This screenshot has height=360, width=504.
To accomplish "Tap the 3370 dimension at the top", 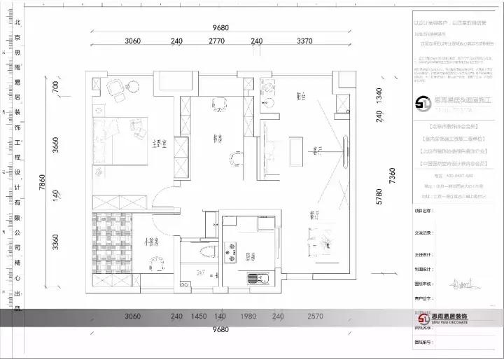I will (304, 41).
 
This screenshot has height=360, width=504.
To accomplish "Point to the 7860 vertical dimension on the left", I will (42, 184).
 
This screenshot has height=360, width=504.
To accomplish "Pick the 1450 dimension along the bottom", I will (199, 317).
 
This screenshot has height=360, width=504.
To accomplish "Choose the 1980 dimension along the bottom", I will (248, 317).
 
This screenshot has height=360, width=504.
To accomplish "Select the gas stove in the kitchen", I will (230, 251).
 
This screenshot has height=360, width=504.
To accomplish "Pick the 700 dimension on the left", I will (56, 86).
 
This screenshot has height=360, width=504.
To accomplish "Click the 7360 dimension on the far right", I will (393, 182).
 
